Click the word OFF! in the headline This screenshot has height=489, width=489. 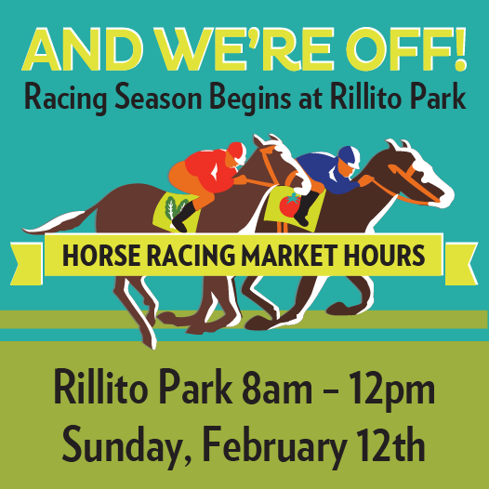pyautogui.click(x=406, y=49)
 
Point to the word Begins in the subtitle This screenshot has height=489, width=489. pyautogui.click(x=252, y=98)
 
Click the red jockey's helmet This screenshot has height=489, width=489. pyautogui.click(x=237, y=152)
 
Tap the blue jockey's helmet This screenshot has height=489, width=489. pyautogui.click(x=349, y=157)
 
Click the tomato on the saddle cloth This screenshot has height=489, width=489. pyautogui.click(x=290, y=205)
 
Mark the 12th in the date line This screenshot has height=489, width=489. pyautogui.click(x=390, y=443)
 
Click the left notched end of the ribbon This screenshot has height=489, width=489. pyautogui.click(x=27, y=264)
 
